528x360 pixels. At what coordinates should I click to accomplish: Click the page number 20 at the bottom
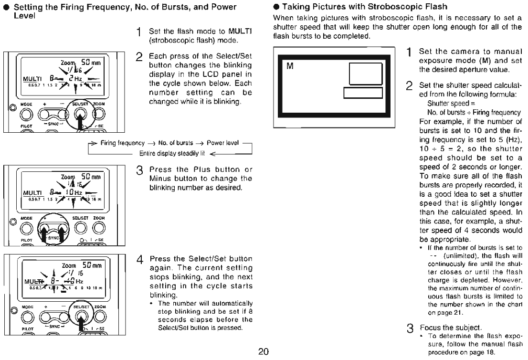264,352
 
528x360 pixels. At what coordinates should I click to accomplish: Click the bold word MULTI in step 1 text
235,32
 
